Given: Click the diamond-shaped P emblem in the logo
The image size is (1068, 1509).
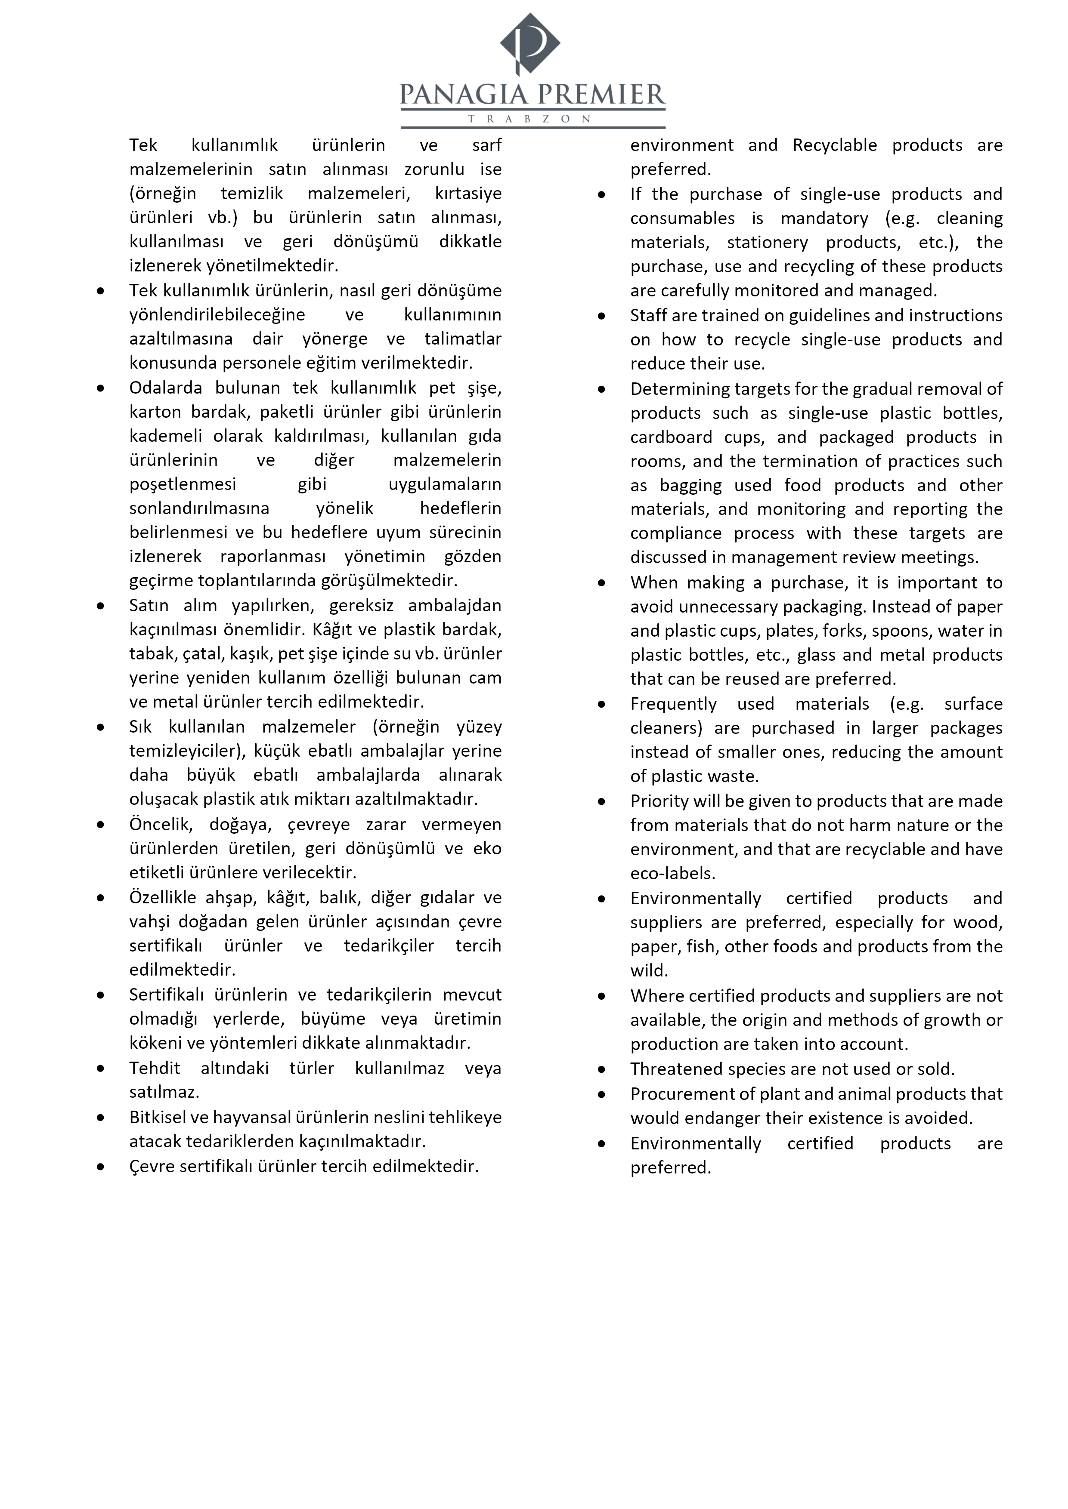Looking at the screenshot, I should pos(530,43).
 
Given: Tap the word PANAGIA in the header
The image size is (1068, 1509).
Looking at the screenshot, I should pos(464,95).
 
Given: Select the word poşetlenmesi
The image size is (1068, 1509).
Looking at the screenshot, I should pos(182,484).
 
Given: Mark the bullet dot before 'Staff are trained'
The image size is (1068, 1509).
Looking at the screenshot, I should pos(601,316).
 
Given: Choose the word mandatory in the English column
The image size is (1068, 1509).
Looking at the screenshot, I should pos(824,218).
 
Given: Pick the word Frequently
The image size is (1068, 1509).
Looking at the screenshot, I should pos(673,704).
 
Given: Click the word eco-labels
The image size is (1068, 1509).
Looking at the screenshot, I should pos(672,874).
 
